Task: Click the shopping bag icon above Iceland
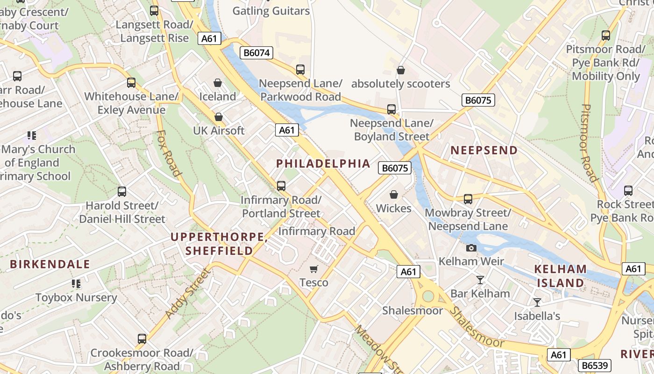click(218, 83)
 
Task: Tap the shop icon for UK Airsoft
click(219, 117)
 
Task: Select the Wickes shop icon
click(394, 194)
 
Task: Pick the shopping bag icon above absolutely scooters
click(400, 71)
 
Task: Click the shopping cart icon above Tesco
click(314, 269)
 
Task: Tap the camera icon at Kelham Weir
click(471, 248)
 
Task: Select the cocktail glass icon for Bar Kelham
click(480, 280)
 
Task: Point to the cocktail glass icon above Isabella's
click(537, 302)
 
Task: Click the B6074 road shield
click(256, 53)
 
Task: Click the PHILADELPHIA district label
click(323, 164)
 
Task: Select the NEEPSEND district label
click(484, 150)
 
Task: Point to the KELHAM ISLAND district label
click(560, 276)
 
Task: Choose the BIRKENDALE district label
click(50, 264)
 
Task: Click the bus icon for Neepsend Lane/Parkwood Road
click(300, 70)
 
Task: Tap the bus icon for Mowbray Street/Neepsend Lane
click(468, 199)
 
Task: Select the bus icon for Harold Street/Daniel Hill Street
click(122, 192)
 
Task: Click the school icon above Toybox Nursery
click(76, 284)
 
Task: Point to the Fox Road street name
click(169, 153)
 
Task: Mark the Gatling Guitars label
click(271, 11)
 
